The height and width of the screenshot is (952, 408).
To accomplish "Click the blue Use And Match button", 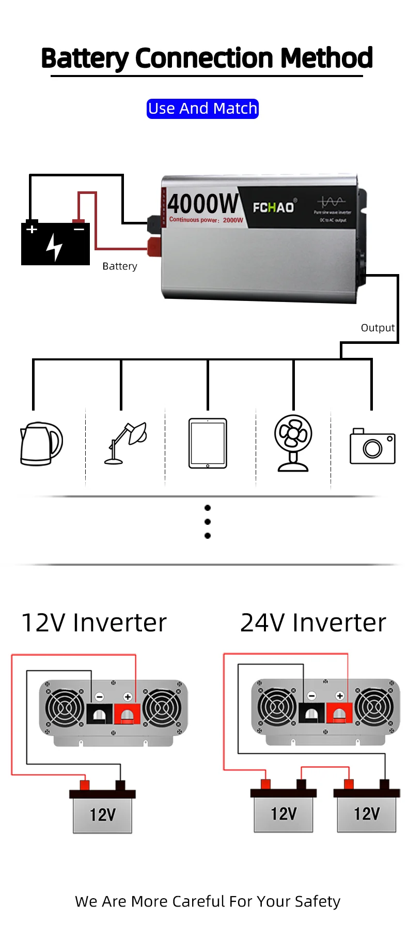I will click(202, 109).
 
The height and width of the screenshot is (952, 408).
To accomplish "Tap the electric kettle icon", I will click(41, 444).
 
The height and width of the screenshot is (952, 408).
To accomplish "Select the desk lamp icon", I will click(127, 443).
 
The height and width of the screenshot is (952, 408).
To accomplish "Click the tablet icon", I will click(208, 443).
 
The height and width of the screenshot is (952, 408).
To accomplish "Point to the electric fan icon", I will click(293, 443).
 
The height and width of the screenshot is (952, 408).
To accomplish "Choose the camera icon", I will click(372, 446).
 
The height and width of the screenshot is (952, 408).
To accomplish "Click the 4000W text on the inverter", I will click(203, 204).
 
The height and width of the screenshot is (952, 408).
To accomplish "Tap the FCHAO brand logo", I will click(273, 207).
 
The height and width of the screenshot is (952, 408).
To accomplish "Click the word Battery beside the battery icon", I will click(120, 266).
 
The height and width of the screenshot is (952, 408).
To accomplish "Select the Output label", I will click(378, 328).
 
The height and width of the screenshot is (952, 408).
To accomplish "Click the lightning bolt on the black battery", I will click(54, 247).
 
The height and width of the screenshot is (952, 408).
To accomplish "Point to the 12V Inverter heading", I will click(94, 623).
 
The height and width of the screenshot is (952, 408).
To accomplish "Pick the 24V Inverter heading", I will click(313, 623).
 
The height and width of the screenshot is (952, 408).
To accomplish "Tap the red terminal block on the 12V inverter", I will click(127, 714).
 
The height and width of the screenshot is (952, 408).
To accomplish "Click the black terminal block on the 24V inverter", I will click(311, 713).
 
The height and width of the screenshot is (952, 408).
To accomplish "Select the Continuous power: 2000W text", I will click(206, 220).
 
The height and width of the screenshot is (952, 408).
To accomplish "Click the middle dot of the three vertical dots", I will click(208, 522).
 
